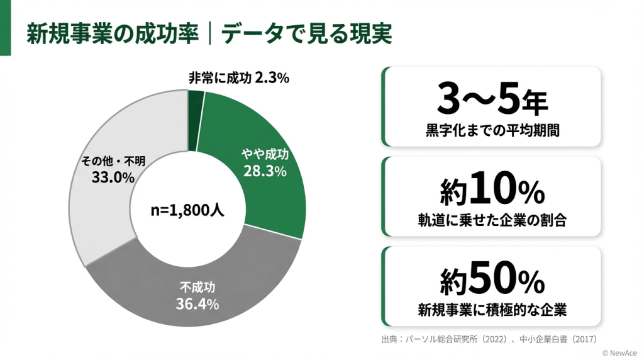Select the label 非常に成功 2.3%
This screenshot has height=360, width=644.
click(238, 78)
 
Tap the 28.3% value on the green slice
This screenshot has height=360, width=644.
click(265, 171)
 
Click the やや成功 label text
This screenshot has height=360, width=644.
click(265, 155)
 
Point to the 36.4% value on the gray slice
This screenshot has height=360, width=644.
click(197, 304)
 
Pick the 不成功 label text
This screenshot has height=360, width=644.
click(197, 288)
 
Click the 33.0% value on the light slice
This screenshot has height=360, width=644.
click(113, 177)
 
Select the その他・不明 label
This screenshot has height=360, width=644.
click(113, 161)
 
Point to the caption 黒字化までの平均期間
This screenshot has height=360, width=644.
click(492, 132)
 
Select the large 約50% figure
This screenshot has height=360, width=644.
click(492, 279)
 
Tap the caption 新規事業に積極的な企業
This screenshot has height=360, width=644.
click(492, 310)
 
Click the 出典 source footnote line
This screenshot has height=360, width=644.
click(488, 339)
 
